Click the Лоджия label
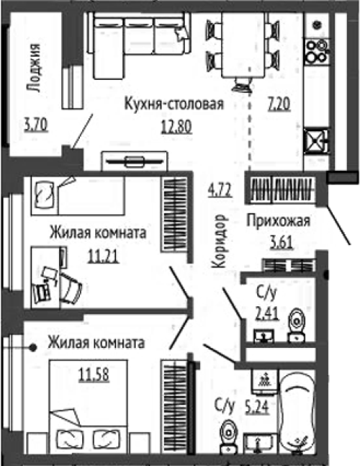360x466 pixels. click(33, 68)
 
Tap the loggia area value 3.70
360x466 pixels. click(36, 125)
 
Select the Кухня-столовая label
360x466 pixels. click(174, 104)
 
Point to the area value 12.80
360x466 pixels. click(176, 127)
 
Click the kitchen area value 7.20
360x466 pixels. click(279, 105)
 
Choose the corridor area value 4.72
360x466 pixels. click(220, 190)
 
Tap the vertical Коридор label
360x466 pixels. click(220, 241)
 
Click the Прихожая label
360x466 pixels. click(279, 221)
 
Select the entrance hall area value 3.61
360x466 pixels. click(281, 243)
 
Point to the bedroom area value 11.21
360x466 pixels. click(104, 256)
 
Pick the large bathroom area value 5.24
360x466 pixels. click(257, 407)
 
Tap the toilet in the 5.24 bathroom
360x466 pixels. click(229, 436)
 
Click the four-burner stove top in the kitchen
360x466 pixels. click(318, 51)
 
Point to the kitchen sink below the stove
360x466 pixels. click(318, 140)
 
